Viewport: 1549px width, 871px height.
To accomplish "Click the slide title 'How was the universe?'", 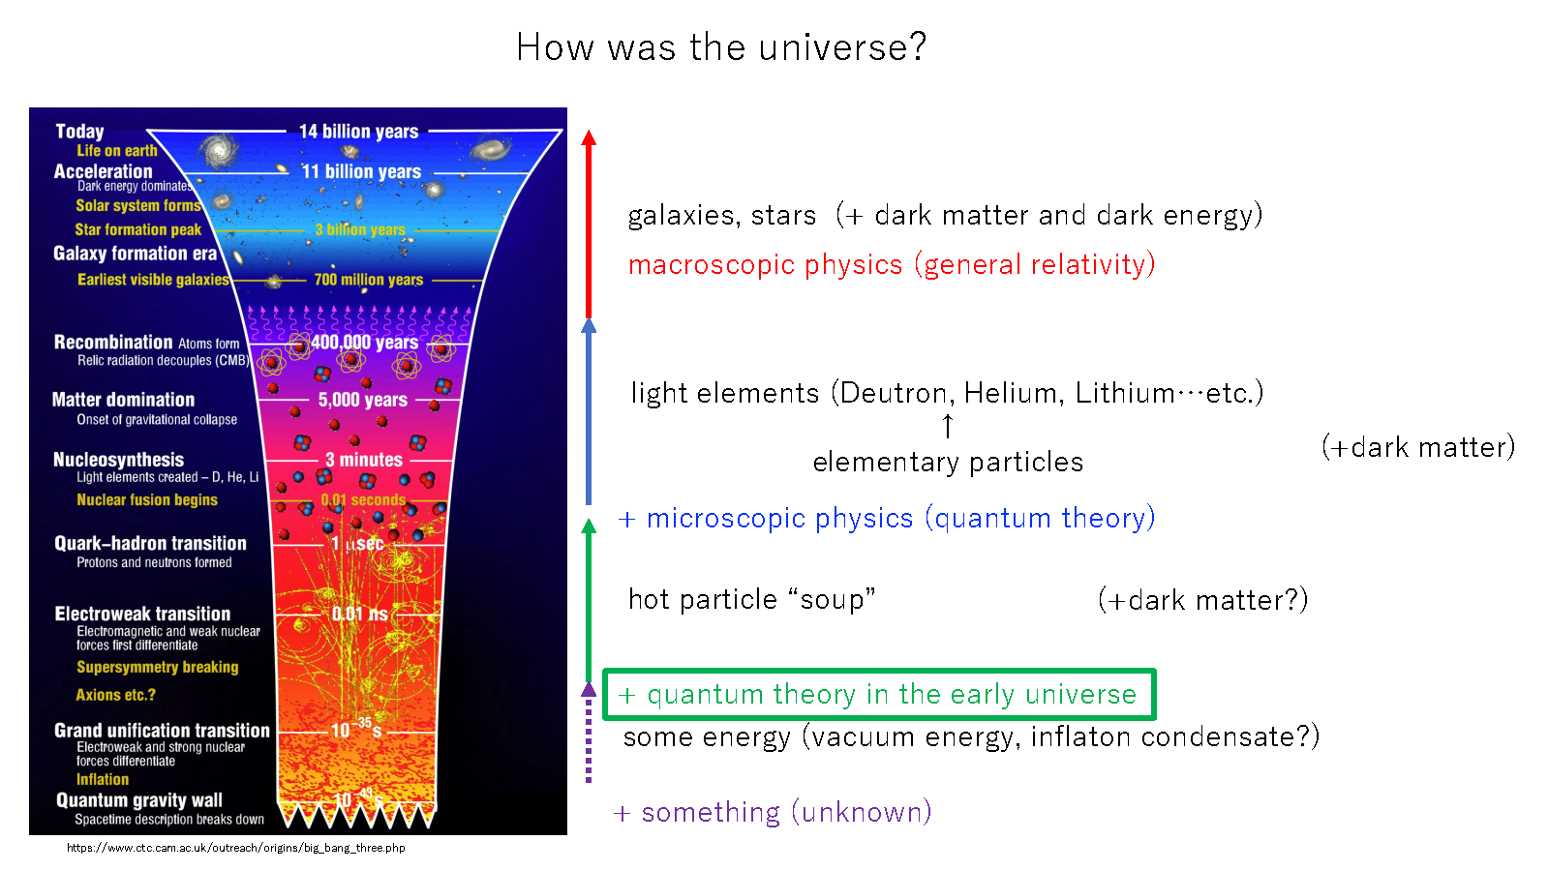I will pos(721,46).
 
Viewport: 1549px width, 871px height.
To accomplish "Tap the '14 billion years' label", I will pos(358,132).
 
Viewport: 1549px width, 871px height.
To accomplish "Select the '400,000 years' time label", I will pos(364,343).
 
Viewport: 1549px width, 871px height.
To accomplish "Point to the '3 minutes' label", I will pos(363,460).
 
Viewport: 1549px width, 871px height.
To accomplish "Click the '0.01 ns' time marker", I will pos(359,614).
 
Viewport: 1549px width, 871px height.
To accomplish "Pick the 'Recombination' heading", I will pos(113,342).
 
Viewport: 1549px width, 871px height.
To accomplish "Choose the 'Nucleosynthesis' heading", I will pos(118,460).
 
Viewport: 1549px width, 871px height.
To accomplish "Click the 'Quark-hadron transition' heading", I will pos(150,543).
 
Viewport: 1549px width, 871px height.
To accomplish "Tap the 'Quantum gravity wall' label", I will pos(139,799).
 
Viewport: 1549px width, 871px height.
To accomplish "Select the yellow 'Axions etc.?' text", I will pos(115,695).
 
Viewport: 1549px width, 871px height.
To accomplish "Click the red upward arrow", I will pos(588,223).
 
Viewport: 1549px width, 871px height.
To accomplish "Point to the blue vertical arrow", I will pos(588,411).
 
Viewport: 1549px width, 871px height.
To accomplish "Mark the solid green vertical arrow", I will pos(588,600).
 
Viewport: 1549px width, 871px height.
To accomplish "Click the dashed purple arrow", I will pos(588,736).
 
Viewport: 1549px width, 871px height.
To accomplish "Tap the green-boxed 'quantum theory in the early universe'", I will pos(879,694).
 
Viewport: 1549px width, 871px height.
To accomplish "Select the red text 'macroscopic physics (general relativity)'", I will pos(892,264).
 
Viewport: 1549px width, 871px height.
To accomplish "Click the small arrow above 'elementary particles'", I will pos(948,426).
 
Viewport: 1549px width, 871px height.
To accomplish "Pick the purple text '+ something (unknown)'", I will pos(773,812).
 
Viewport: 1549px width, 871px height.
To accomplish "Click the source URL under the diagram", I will pos(236,848).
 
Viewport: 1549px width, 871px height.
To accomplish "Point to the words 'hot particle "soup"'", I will pos(751,599).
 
